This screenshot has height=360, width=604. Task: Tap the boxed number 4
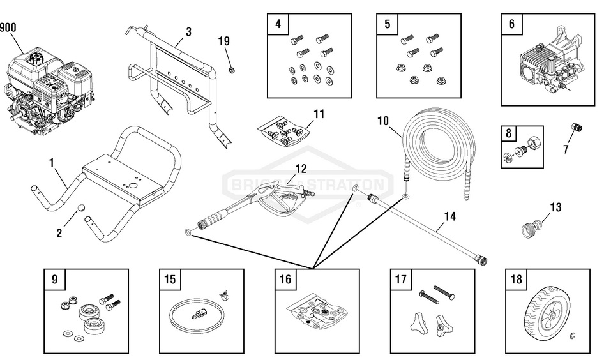pos(278,25)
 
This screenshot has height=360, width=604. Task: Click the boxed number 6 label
pos(511,25)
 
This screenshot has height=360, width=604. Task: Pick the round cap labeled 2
pos(82,209)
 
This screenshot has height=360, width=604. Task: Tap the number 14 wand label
pos(449,216)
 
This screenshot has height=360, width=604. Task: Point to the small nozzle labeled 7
pos(575,128)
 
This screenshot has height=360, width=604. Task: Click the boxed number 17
pos(401,279)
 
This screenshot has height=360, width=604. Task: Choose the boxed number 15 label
pos(170,279)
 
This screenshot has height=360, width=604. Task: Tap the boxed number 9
pos(54,279)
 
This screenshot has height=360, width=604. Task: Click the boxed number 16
pos(285,279)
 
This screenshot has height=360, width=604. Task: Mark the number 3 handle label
pos(188,31)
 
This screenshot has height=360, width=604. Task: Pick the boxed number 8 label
pos(509,134)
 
